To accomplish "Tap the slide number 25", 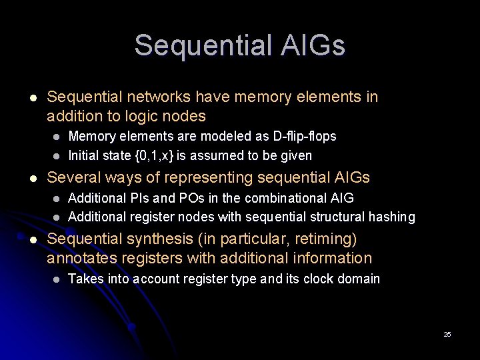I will click(447, 334).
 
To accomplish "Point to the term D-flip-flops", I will click(305, 136).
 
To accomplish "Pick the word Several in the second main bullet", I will click(73, 177).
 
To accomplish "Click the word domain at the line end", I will click(360, 279).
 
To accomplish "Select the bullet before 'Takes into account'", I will click(57, 279).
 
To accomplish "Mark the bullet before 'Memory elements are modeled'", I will click(57, 136).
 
